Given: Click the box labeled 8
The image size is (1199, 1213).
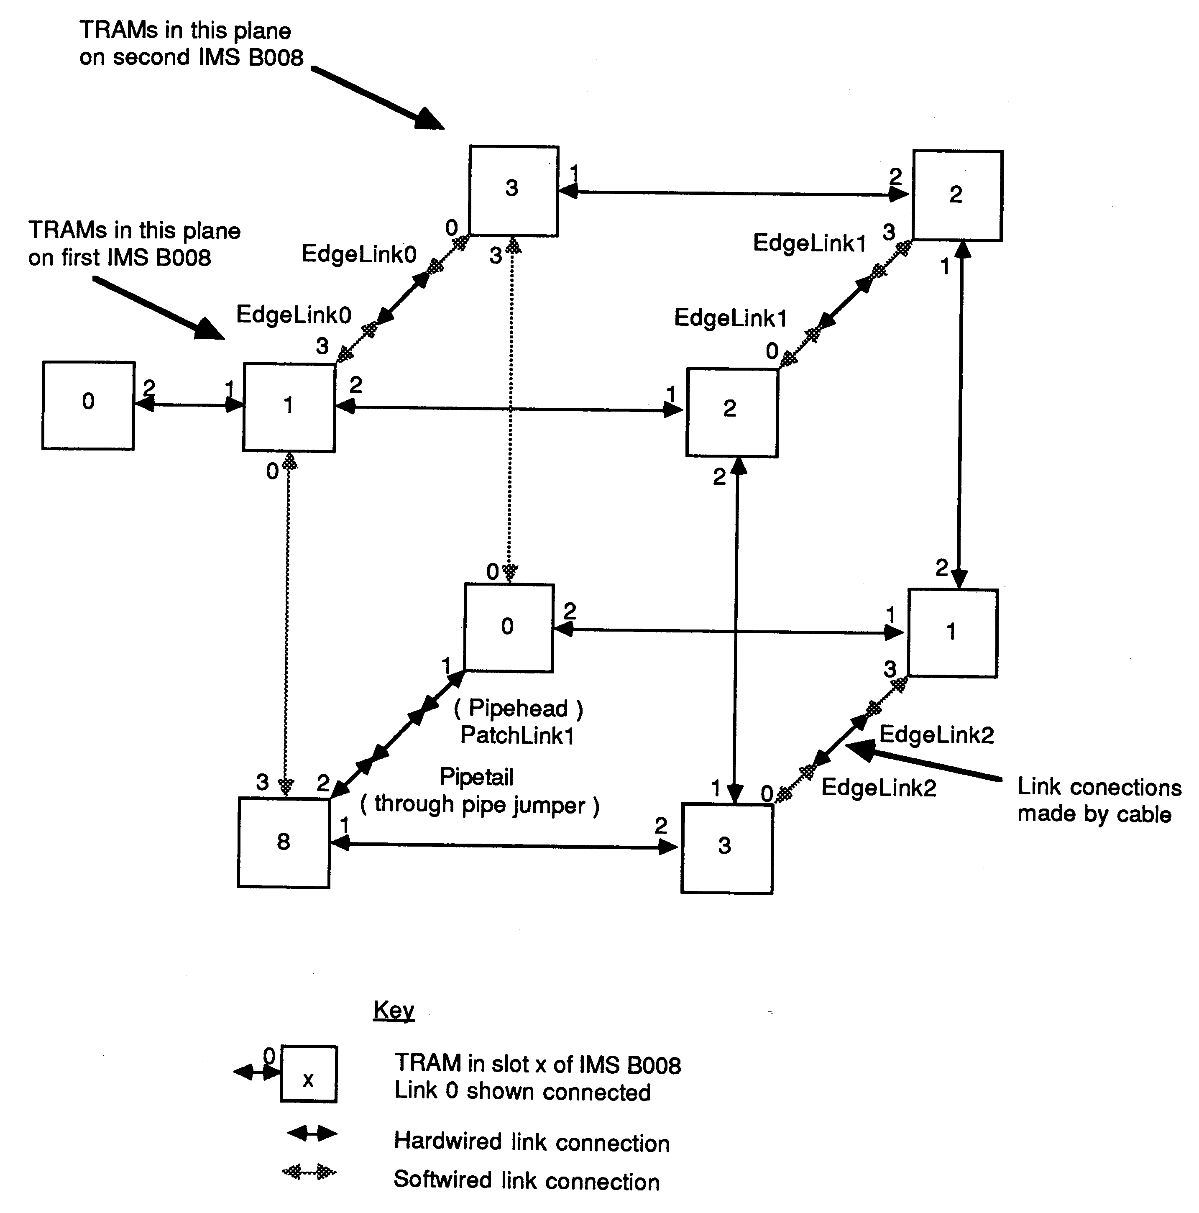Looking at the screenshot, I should coord(284,842).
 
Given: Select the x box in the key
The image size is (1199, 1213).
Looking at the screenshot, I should coord(308,1074).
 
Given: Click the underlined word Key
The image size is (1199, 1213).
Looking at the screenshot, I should coord(394,1010).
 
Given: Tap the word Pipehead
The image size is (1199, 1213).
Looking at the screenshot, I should coord(518,708).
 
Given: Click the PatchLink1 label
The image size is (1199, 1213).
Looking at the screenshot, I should coord(517,735).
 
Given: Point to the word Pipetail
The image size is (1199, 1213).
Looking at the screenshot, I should coord(476,777).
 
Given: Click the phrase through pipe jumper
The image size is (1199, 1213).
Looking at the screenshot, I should coord(480,804).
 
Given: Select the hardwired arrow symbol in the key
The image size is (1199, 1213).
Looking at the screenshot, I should coord(312,1133).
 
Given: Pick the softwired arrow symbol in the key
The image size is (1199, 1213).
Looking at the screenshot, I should coord(309,1172).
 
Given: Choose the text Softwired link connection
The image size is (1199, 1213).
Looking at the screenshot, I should coord(526,1180).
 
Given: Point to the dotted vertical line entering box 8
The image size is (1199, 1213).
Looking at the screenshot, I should coord(287,628).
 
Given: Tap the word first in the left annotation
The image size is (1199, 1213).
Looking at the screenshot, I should coord(80,257).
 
